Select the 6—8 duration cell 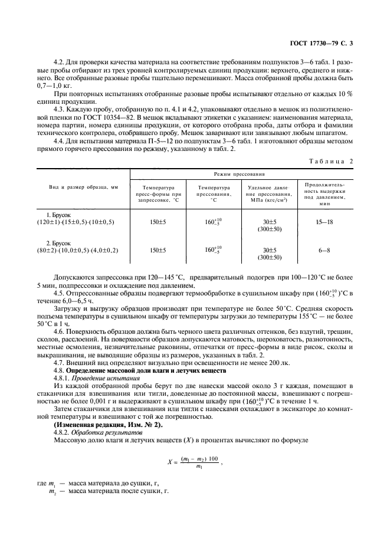point(325,250)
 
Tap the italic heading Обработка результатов point(94,432)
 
